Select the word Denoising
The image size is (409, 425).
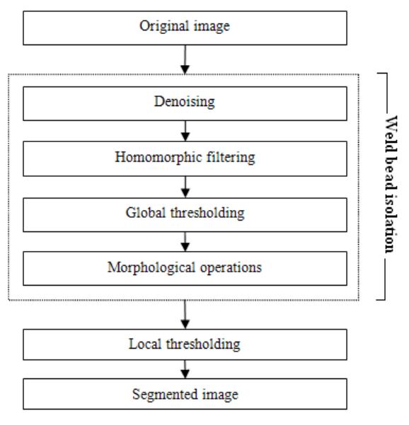(185, 103)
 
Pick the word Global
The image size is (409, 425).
(146, 213)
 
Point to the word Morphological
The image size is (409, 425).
(151, 268)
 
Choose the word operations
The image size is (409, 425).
(231, 268)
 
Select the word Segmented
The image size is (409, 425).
(165, 395)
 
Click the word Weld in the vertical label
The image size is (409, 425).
(391, 133)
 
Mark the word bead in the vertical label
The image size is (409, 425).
(391, 173)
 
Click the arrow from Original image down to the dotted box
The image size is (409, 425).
(185, 59)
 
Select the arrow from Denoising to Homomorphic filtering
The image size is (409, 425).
(185, 131)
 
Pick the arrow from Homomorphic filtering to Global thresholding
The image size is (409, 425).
(185, 187)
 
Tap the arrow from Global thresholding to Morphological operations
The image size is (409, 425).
(185, 242)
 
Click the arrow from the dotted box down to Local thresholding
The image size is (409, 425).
(185, 315)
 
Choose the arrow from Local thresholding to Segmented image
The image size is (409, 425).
(185, 369)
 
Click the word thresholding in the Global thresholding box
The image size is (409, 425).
(207, 213)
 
